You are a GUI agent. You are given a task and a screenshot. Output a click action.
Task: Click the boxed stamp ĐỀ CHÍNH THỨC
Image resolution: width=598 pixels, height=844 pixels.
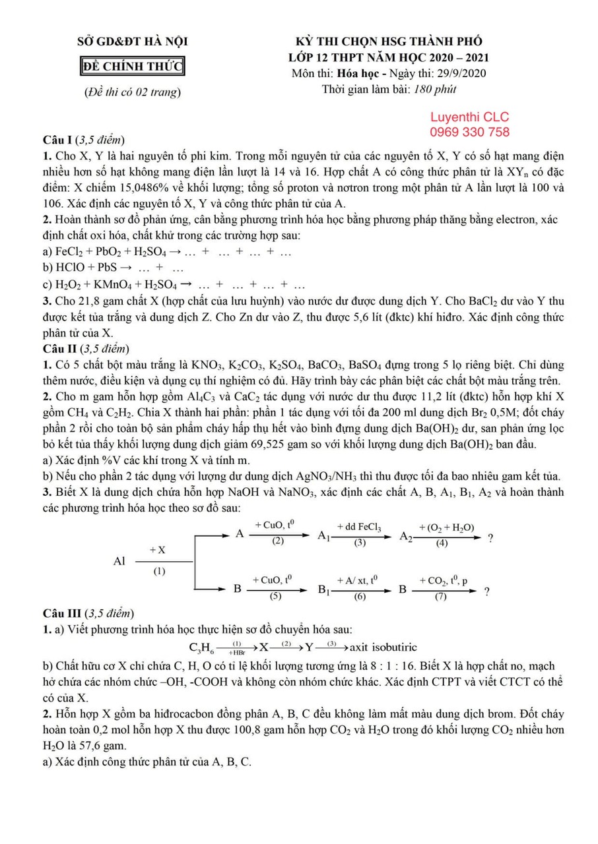point(132,67)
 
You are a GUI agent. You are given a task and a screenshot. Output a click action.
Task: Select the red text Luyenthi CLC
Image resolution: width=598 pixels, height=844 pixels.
point(469,117)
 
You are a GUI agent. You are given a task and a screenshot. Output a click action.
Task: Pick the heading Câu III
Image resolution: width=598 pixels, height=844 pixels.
point(62,613)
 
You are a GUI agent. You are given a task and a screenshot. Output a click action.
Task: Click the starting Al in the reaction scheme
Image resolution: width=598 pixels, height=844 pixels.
point(119,561)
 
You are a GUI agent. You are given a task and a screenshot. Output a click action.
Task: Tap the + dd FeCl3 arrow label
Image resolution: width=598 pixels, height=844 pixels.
point(359,527)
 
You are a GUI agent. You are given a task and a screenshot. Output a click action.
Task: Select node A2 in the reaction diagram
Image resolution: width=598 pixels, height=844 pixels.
point(407,537)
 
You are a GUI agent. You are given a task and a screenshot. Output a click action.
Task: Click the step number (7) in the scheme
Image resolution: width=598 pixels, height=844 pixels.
point(440,597)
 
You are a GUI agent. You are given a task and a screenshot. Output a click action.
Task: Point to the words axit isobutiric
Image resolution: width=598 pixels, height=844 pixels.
point(383,647)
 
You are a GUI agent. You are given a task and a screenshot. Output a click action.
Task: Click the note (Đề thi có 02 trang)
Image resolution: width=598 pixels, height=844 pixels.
point(132,92)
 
